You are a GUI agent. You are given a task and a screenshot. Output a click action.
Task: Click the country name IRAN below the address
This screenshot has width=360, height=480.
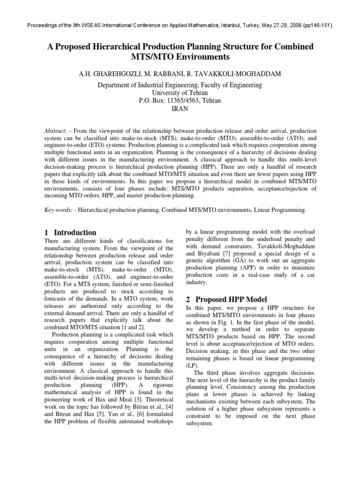[180, 109]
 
